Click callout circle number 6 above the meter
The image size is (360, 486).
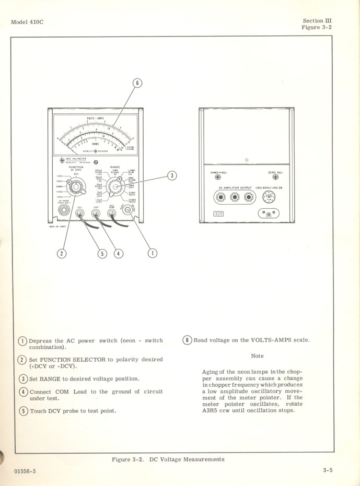coord(137,83)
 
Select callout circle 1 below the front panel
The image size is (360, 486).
coord(153,253)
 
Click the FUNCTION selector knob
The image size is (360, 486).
coord(76,186)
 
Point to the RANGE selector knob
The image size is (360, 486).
coord(114,186)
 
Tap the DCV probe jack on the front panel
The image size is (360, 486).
coord(80,212)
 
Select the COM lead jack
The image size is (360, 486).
coord(96,212)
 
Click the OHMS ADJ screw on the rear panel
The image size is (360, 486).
coord(218,177)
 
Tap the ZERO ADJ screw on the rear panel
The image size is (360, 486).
coord(275,177)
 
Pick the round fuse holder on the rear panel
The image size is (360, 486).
coord(268,197)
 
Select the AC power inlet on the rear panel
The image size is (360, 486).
coord(269,213)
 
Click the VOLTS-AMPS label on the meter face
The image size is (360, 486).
coord(96,118)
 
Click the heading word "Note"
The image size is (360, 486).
coord(257,355)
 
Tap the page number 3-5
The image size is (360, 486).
coord(327,470)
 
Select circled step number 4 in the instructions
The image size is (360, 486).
coord(23,392)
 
